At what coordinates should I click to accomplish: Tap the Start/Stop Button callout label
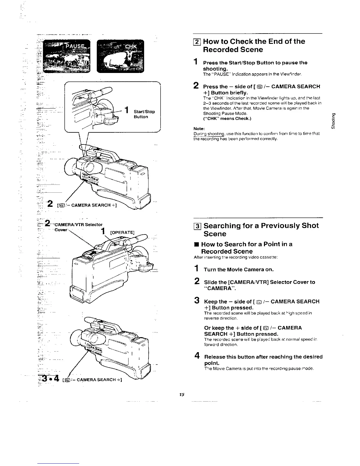pos(144,114)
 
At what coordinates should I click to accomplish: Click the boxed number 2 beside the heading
pos(198,42)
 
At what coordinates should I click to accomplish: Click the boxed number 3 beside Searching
pos(198,226)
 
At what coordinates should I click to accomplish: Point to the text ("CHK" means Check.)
pos(227,119)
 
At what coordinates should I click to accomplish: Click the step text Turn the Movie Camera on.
pos(239,269)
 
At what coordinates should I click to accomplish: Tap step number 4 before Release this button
pos(196,356)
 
